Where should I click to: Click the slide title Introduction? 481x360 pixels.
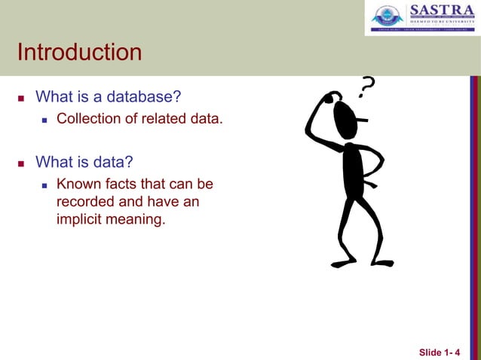pos(79,53)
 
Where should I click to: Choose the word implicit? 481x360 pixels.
pos(80,221)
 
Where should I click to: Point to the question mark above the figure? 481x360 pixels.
pos(366,88)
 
